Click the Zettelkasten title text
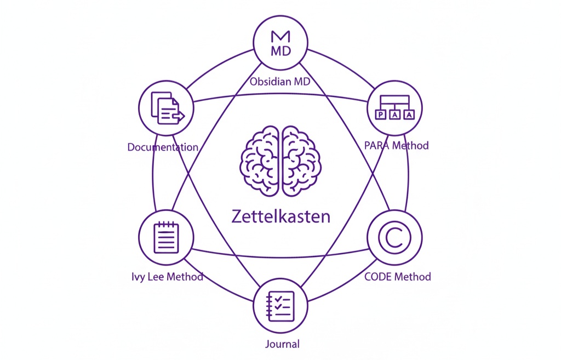click(280, 216)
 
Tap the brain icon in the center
click(280, 161)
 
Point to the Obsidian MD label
click(280, 82)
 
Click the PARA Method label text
click(396, 146)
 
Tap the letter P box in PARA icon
click(381, 115)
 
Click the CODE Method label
click(398, 276)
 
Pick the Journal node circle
click(280, 305)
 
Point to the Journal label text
click(281, 345)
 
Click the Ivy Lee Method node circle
click(166, 237)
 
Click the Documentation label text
click(163, 147)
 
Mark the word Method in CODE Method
click(413, 276)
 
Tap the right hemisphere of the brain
click(300, 161)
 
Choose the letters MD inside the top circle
click(280, 51)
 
